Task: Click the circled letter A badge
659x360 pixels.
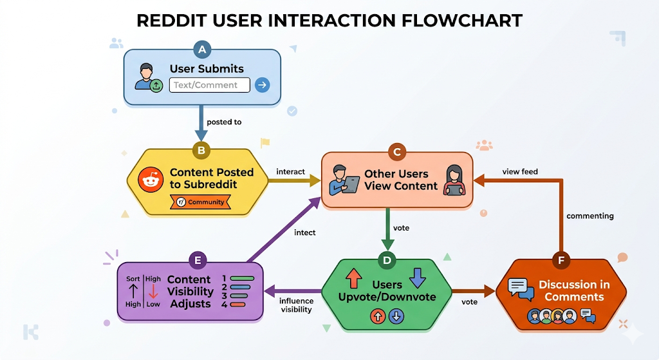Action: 203,50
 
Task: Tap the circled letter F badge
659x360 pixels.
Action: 561,260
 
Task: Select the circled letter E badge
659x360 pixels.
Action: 198,260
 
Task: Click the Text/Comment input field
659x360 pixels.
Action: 209,85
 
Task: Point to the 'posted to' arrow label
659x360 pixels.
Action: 224,122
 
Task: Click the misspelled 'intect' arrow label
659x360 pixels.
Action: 304,232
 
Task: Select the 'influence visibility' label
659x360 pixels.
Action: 296,305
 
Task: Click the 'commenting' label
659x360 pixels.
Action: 589,216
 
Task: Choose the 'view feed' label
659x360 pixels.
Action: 519,171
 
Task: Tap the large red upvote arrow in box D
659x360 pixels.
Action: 354,278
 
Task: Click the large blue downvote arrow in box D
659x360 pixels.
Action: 418,278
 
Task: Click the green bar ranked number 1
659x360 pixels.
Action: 243,279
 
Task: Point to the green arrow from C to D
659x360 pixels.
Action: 387,229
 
